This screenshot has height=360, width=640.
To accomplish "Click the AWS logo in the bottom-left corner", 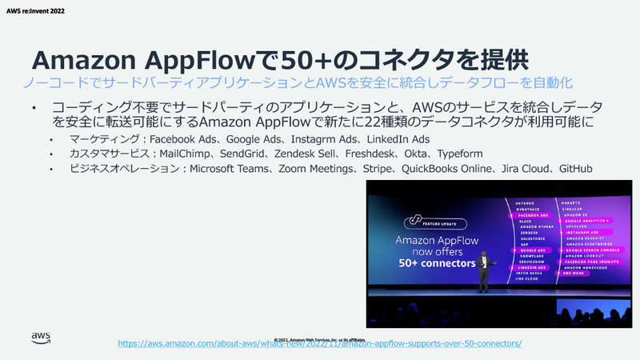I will tap(41, 338).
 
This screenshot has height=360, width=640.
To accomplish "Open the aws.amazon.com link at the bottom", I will tap(319, 343).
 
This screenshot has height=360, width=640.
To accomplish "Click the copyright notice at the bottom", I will tap(320, 338).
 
